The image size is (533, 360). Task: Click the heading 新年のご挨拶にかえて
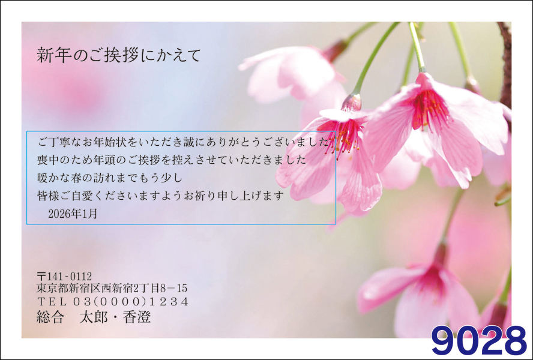(119, 55)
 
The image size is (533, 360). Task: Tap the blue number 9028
(479, 341)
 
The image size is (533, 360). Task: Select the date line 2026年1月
(73, 214)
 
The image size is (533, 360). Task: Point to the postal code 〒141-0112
(64, 276)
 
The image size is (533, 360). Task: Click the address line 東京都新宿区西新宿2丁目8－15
(112, 288)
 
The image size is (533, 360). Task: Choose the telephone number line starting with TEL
(112, 301)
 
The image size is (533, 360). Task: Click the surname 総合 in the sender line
(50, 317)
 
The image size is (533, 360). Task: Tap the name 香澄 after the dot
(137, 317)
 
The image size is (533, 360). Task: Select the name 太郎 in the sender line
(94, 317)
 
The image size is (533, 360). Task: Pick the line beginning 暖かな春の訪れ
(110, 178)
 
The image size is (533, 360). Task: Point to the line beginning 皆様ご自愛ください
(160, 196)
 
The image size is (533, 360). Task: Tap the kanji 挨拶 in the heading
(120, 55)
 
